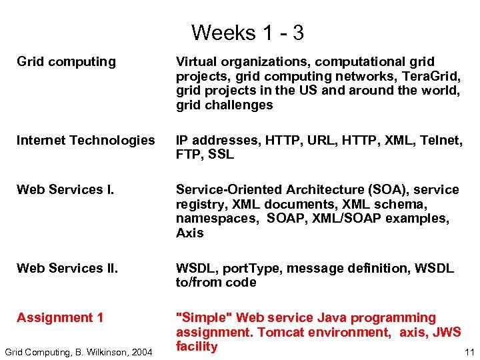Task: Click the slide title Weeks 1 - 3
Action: (x=247, y=33)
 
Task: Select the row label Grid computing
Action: (x=66, y=62)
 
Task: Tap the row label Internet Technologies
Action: (x=85, y=140)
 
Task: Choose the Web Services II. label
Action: (x=67, y=269)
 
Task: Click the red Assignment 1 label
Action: (x=60, y=318)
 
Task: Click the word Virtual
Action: (x=195, y=62)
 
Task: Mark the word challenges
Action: (x=241, y=105)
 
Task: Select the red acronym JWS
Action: (x=447, y=332)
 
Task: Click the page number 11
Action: (x=469, y=351)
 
